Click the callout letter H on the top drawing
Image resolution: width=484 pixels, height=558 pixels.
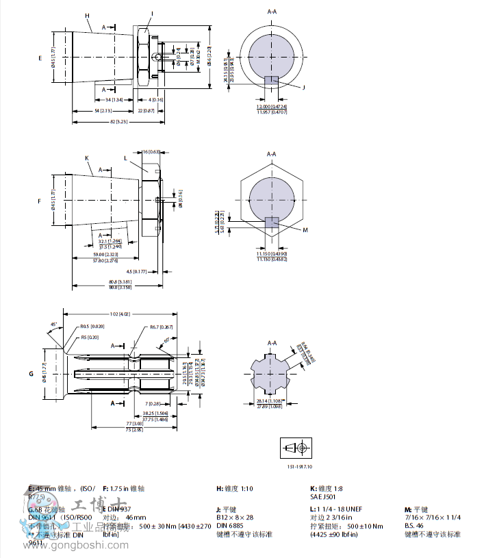point(87,15)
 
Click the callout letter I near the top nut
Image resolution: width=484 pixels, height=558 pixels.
point(152,14)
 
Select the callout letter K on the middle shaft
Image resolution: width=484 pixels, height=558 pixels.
point(87,157)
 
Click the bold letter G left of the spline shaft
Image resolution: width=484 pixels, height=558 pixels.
point(31,374)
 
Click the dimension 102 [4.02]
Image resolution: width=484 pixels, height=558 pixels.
point(120,314)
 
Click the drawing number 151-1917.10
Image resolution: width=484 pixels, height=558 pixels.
point(299,466)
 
